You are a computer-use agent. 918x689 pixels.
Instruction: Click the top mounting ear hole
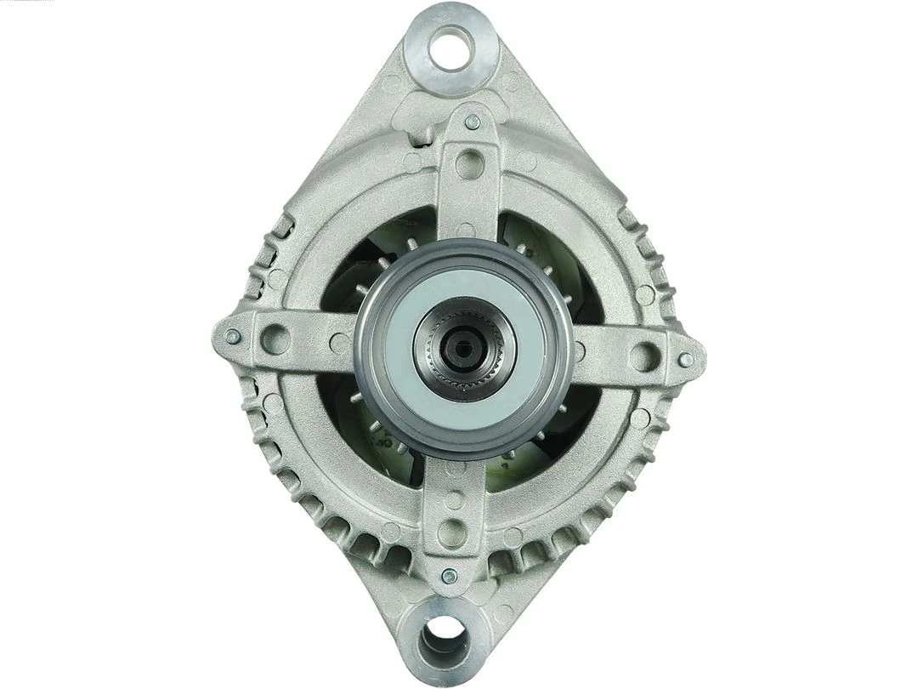pos(450,48)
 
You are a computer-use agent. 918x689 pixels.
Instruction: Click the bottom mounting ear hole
pos(445,635)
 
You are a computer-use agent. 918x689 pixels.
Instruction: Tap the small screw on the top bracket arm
pos(473,122)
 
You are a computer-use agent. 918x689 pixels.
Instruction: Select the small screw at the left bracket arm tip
pos(232,336)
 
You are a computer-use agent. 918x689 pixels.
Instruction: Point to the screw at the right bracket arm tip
pos(685,359)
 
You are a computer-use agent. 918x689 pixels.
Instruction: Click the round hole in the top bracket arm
pos(469,163)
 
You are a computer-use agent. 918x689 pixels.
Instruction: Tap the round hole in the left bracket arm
pos(275,339)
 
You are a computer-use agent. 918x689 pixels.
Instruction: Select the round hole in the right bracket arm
pos(644,356)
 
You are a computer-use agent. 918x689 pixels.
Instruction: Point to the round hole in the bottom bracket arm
pos(451,533)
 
